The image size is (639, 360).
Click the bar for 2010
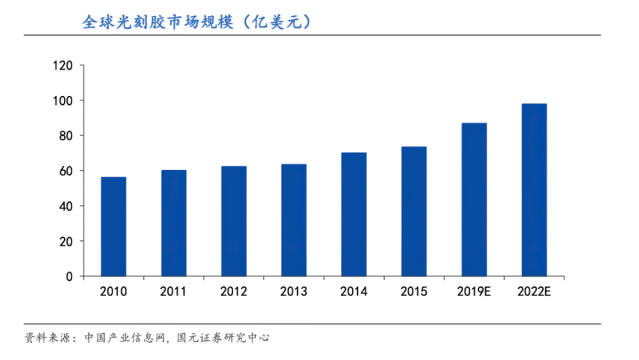coord(113,226)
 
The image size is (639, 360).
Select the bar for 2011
coord(173,223)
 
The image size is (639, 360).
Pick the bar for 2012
coord(234,221)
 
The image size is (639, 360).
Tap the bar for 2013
coord(294,220)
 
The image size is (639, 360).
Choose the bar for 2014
coord(354,214)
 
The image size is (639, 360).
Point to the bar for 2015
coord(414,211)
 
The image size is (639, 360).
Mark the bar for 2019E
coord(474,200)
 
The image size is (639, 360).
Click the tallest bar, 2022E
coord(534,190)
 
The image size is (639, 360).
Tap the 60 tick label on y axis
coord(67,171)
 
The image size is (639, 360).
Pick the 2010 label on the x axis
coord(113,292)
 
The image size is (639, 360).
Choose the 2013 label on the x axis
coord(294,292)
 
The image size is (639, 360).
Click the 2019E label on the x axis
coord(474,292)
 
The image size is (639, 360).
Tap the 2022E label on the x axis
coord(534,292)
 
